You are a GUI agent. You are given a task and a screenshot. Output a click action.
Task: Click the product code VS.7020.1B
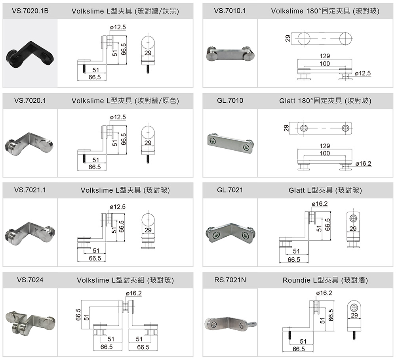click(30, 11)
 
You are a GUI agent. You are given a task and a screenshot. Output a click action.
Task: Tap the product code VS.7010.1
click(230, 11)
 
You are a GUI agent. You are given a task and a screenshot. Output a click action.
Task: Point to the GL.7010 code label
click(230, 101)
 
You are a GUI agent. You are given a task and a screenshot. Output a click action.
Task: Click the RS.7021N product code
click(230, 280)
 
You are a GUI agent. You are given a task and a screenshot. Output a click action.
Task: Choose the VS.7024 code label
click(30, 280)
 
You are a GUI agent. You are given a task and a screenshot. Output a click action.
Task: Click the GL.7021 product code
click(230, 190)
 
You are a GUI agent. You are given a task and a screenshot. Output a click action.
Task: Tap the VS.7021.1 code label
click(30, 190)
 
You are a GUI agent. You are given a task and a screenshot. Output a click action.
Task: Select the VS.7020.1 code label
click(30, 101)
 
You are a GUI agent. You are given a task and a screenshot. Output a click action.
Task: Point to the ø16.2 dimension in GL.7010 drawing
click(364, 163)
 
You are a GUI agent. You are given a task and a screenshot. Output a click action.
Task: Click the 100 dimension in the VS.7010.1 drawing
click(325, 64)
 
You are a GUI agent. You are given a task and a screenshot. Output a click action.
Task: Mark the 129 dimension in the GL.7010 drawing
click(325, 146)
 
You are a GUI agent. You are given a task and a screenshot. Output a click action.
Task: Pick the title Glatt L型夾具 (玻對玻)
click(325, 190)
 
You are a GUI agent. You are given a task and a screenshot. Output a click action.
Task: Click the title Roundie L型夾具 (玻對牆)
click(325, 280)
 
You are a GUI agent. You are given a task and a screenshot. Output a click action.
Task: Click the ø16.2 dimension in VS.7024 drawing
click(133, 293)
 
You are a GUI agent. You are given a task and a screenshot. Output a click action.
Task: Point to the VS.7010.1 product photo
click(230, 54)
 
